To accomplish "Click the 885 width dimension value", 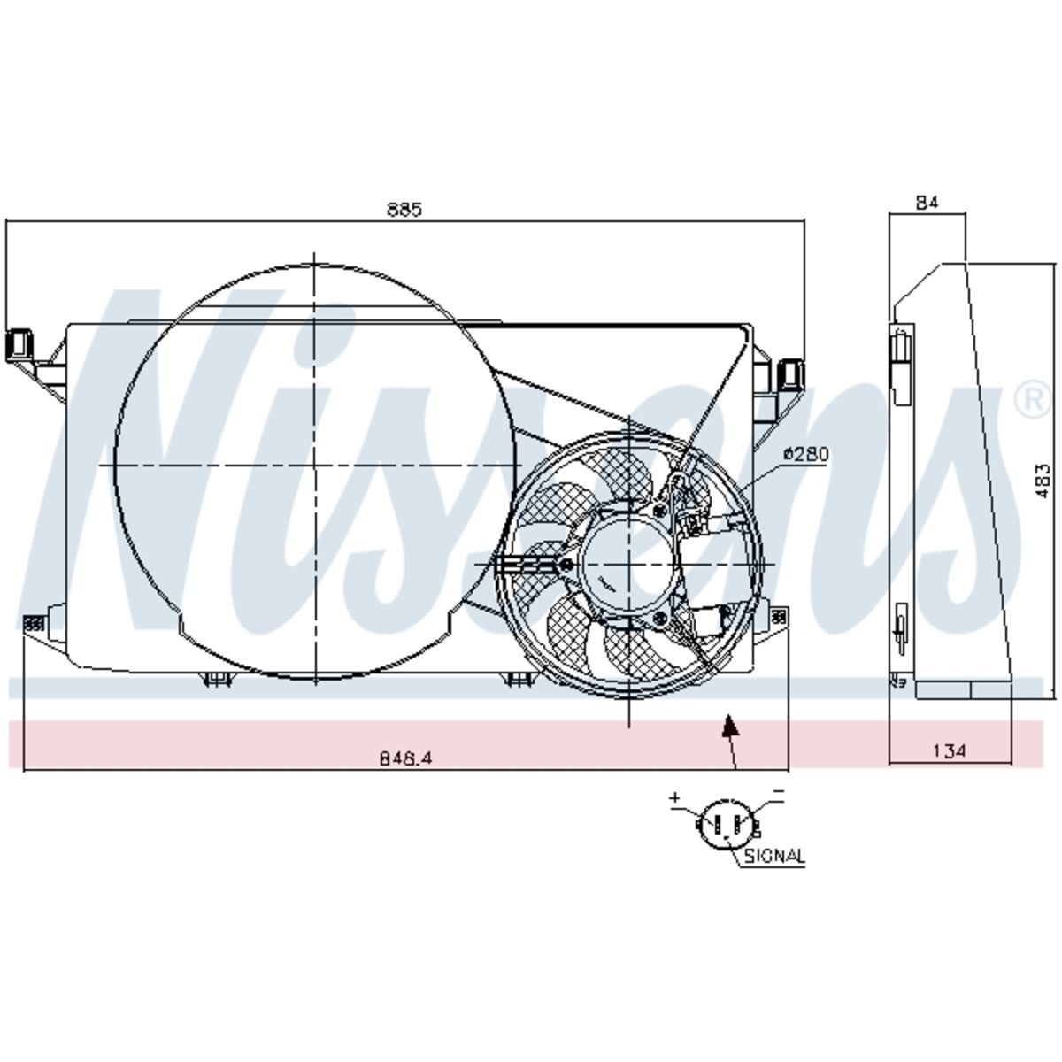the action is coord(404,210).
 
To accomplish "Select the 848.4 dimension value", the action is coord(407,758).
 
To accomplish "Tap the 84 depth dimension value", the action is coord(927,204).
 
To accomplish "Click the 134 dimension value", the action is coord(950,750).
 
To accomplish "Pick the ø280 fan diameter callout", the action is coord(805,454).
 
